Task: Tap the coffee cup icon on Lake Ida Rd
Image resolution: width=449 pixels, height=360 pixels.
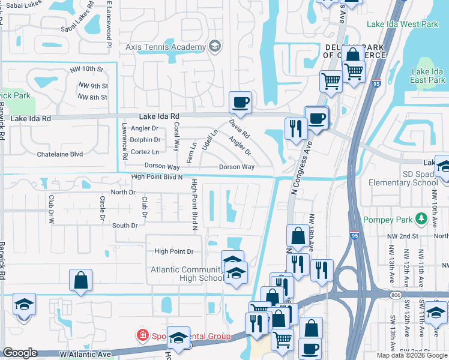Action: pos(240,102)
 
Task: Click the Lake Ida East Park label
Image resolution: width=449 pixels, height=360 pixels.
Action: pos(427,76)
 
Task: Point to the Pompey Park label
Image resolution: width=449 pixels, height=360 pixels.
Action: pos(389,220)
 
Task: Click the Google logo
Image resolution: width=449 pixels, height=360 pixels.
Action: pos(20,353)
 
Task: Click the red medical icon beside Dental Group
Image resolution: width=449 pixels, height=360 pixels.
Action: pos(142,335)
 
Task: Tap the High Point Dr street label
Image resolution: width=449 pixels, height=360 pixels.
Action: pos(173,251)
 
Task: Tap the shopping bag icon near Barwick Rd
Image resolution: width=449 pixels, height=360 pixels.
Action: pos(80,280)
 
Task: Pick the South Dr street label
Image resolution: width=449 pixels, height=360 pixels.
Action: pos(125,226)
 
